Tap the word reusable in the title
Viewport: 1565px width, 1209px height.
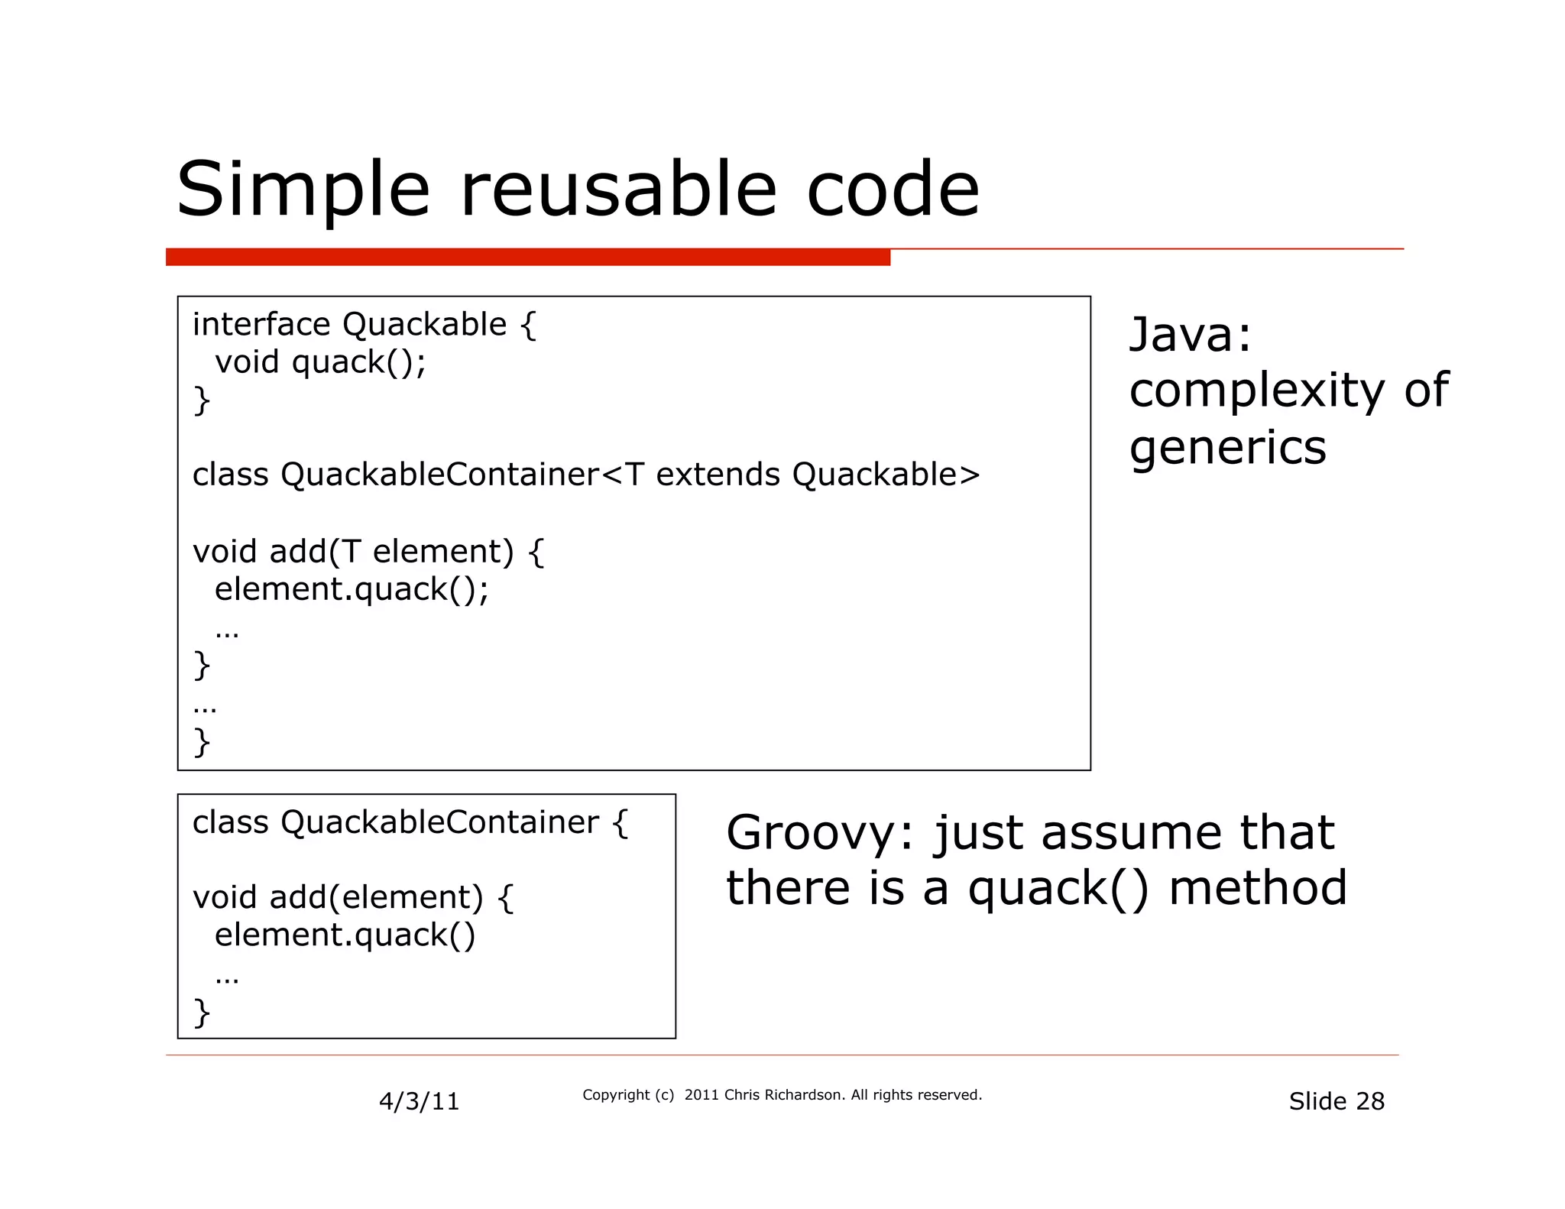pyautogui.click(x=618, y=189)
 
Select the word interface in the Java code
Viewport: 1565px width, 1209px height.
pyautogui.click(x=261, y=325)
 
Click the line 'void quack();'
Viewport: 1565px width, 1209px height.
pyautogui.click(x=320, y=362)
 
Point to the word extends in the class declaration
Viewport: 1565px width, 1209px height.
pyautogui.click(x=718, y=475)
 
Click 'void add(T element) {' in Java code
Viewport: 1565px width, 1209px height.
pyautogui.click(x=368, y=552)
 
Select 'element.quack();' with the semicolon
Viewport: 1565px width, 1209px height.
pyautogui.click(x=352, y=589)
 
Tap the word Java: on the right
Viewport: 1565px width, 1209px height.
pyautogui.click(x=1190, y=335)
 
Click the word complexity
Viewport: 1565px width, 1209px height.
pyautogui.click(x=1256, y=391)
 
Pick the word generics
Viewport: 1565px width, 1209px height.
pyautogui.click(x=1227, y=447)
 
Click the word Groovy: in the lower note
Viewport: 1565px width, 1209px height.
pyautogui.click(x=819, y=833)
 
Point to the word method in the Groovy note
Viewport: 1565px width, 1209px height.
pyautogui.click(x=1258, y=889)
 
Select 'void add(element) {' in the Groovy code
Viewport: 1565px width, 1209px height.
pyautogui.click(x=353, y=897)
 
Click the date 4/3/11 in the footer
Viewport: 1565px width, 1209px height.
pyautogui.click(x=419, y=1101)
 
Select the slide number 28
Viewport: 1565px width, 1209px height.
pyautogui.click(x=1369, y=1101)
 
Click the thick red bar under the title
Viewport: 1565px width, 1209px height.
pyautogui.click(x=527, y=258)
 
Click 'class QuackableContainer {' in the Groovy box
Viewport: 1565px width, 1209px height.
pyautogui.click(x=410, y=823)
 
